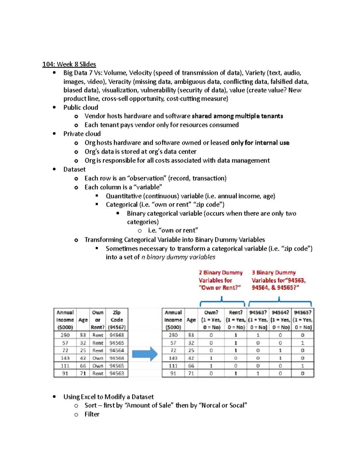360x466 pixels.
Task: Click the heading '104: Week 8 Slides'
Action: (x=69, y=64)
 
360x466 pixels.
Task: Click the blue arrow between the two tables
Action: (x=145, y=354)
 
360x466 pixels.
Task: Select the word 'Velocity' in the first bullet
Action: (x=140, y=73)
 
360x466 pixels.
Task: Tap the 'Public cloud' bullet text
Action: (x=80, y=107)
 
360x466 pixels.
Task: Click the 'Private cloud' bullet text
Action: (x=82, y=134)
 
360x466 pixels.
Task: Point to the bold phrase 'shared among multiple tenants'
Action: (x=237, y=116)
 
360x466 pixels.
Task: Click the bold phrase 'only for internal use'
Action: (x=260, y=143)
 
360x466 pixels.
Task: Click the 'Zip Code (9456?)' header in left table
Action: (x=117, y=320)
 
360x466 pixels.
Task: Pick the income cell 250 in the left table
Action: (x=65, y=335)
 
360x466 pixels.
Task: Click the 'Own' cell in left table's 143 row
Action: (x=97, y=358)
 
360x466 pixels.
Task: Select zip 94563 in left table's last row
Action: (x=117, y=374)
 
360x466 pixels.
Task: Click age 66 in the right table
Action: (x=191, y=366)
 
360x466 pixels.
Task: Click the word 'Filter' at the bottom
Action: (x=92, y=414)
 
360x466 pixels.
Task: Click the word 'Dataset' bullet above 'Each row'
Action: (x=74, y=170)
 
